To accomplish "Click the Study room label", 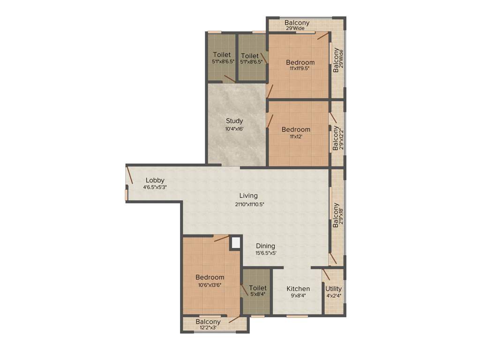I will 234,121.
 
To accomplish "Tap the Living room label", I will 248,195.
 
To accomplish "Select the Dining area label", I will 265,246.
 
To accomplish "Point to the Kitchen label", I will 298,289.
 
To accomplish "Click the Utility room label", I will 333,288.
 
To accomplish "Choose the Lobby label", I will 155,180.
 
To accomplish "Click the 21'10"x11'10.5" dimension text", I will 253,204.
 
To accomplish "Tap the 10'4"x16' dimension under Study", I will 234,129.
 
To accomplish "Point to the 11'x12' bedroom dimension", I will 295,136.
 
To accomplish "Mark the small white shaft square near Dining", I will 236,242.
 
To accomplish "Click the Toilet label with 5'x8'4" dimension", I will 258,288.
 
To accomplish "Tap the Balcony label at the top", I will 297,22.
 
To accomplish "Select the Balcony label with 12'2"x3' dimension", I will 208,322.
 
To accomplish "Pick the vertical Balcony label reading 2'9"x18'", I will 336,215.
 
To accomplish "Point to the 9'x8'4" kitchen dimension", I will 298,296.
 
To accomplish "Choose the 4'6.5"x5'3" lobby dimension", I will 155,187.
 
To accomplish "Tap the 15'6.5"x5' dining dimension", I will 265,253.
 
